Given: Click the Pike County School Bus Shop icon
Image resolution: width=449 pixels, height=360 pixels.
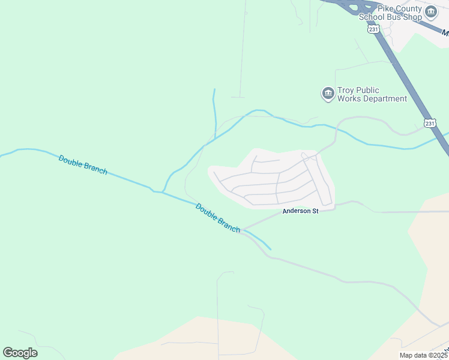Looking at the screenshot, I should pos(431,12).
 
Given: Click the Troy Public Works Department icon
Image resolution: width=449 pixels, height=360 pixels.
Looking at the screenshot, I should pos(328,94).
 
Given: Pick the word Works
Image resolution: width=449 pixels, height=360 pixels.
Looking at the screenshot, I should pos(350,98).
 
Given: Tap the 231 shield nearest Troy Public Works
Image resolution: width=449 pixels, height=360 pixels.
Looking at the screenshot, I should pos(429,122).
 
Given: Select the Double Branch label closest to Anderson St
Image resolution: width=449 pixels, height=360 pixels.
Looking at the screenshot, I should pos(218,217).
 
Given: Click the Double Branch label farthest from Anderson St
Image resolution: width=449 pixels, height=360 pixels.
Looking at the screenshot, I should pos(83,164).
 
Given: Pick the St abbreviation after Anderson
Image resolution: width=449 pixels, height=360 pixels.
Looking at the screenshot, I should pos(313,211).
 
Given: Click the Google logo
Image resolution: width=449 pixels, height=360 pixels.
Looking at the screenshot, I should pos(20,352).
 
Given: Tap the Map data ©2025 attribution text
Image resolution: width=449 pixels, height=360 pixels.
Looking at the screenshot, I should pos(423,355).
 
